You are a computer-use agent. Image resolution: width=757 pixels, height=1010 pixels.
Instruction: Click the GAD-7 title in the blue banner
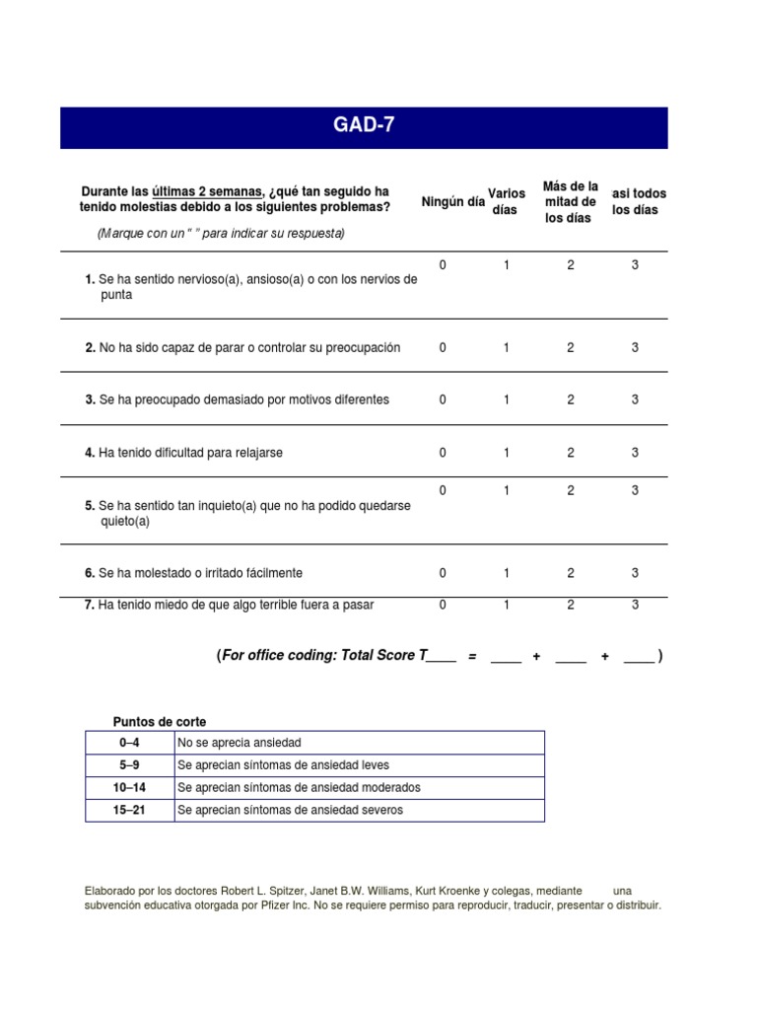[364, 127]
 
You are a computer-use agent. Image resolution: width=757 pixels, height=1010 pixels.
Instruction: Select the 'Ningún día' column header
[452, 202]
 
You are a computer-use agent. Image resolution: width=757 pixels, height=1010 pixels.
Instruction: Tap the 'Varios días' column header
[506, 202]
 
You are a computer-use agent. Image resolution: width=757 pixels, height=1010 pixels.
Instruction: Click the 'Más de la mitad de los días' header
[570, 202]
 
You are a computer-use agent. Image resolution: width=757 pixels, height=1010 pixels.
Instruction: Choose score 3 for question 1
[635, 265]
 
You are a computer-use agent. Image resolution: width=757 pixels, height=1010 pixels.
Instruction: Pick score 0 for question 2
[443, 347]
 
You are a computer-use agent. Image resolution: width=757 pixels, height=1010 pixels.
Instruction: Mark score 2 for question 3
[571, 399]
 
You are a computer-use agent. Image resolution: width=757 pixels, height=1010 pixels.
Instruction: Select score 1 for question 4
[507, 453]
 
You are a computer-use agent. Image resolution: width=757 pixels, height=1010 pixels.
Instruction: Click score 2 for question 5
[571, 490]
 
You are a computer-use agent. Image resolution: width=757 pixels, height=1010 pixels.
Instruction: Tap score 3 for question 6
[635, 573]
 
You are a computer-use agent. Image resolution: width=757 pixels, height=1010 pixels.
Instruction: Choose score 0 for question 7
[443, 605]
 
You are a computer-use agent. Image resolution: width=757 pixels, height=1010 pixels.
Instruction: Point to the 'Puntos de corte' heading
[160, 722]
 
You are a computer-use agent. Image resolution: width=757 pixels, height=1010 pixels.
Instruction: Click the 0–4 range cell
[130, 743]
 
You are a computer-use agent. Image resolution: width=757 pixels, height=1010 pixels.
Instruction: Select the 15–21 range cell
[130, 811]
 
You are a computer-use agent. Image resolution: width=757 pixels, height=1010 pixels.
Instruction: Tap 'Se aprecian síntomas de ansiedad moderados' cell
[299, 788]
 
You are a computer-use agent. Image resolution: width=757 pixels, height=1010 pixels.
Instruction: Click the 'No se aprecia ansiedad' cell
[240, 743]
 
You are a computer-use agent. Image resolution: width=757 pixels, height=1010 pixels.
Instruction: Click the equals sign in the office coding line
[473, 657]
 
